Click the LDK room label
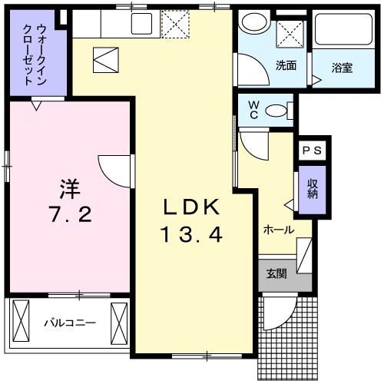click(191, 207)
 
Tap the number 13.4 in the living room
click(191, 234)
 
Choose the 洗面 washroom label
click(286, 65)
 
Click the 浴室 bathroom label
click(342, 66)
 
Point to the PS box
click(314, 151)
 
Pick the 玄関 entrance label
click(276, 274)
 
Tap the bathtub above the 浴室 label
click(343, 33)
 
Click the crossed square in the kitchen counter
click(175, 24)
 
